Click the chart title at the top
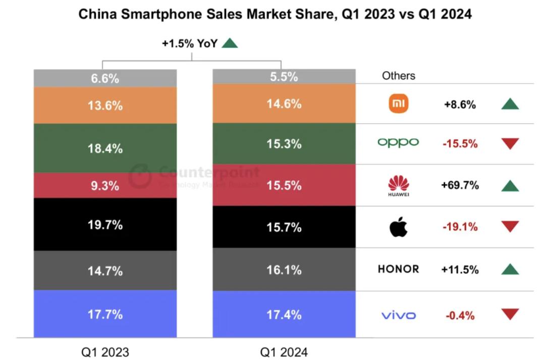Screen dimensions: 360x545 pos(275,14)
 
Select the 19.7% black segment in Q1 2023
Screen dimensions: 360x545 pos(105,225)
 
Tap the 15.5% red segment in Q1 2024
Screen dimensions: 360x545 pos(284,185)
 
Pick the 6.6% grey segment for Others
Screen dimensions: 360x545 pos(105,78)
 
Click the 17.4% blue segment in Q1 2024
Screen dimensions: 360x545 pos(284,315)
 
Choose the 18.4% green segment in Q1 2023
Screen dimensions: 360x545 pos(105,148)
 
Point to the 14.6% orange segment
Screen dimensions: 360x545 pos(284,104)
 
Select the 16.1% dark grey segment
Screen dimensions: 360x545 pos(284,270)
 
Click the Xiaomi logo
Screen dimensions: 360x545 pos(399,104)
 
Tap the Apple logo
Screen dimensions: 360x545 pos(398,227)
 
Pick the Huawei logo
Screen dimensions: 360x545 pos(399,185)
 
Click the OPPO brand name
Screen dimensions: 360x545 pos(398,143)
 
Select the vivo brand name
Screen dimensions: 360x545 pos(398,316)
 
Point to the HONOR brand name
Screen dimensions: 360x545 pos(398,269)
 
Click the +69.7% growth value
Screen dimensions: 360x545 pos(460,185)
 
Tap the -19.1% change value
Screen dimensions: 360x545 pos(460,227)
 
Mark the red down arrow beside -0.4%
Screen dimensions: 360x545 pos(510,315)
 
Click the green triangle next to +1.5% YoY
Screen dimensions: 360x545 pos(230,43)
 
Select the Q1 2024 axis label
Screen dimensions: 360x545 pos(284,351)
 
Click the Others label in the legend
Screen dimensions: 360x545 pos(399,76)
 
